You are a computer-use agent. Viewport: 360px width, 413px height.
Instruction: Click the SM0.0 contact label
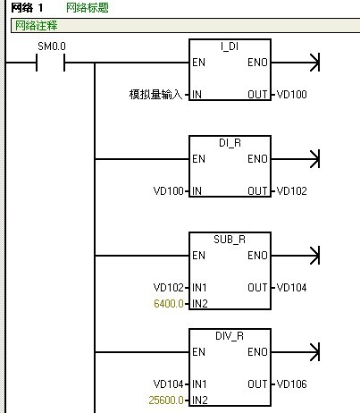(52, 46)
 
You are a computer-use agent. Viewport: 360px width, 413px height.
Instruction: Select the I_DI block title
(230, 46)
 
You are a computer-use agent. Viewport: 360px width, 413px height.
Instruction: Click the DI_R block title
(230, 143)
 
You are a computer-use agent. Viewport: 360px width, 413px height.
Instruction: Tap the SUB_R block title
(230, 240)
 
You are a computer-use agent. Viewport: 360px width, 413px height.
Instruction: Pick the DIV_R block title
(230, 336)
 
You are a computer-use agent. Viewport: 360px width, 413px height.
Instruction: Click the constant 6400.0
(169, 304)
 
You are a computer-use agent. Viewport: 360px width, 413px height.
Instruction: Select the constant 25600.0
(166, 400)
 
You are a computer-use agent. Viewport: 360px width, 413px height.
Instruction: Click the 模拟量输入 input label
(155, 95)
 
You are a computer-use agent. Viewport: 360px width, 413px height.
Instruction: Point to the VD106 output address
(291, 384)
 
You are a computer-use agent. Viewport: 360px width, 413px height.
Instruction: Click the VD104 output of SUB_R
(291, 288)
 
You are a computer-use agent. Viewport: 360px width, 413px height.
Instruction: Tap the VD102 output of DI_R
(291, 191)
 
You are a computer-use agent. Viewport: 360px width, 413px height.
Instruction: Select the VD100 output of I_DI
(291, 95)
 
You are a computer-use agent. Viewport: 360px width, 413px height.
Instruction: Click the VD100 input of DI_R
(168, 191)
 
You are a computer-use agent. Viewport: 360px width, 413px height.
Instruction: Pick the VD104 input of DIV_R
(168, 384)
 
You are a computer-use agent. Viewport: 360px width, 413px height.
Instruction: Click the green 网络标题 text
(88, 8)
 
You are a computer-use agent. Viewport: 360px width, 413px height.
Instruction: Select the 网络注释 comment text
(36, 26)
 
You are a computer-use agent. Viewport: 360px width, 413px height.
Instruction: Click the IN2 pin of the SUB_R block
(200, 304)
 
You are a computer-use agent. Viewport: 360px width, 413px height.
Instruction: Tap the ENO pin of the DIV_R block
(257, 352)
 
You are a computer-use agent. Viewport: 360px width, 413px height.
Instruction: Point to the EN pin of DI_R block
(198, 159)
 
